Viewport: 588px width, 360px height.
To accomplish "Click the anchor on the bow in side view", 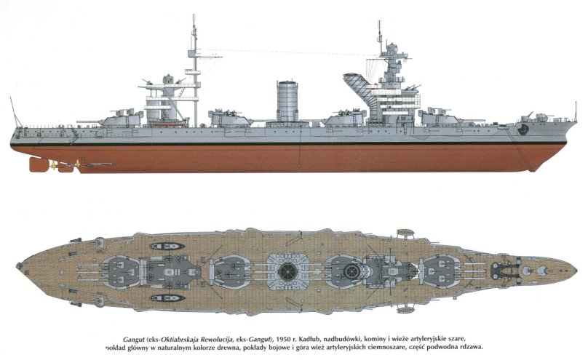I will coord(523,128).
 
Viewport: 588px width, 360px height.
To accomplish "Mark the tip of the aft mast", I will coord(194,16).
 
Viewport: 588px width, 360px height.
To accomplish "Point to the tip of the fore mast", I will coord(379,22).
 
